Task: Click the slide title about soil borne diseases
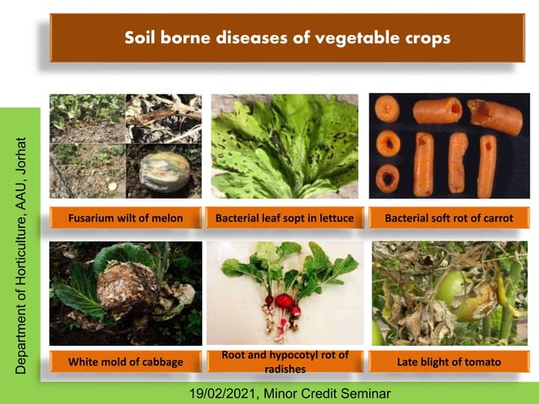tap(286, 38)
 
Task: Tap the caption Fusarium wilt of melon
tap(127, 219)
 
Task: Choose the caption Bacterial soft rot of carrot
tap(449, 219)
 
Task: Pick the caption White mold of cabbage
tap(127, 362)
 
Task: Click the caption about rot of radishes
tap(284, 362)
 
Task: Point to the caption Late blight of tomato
tap(449, 362)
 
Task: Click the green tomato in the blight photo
tap(449, 287)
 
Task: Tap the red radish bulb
tap(284, 302)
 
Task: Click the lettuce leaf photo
tap(286, 145)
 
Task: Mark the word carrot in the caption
tap(497, 219)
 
